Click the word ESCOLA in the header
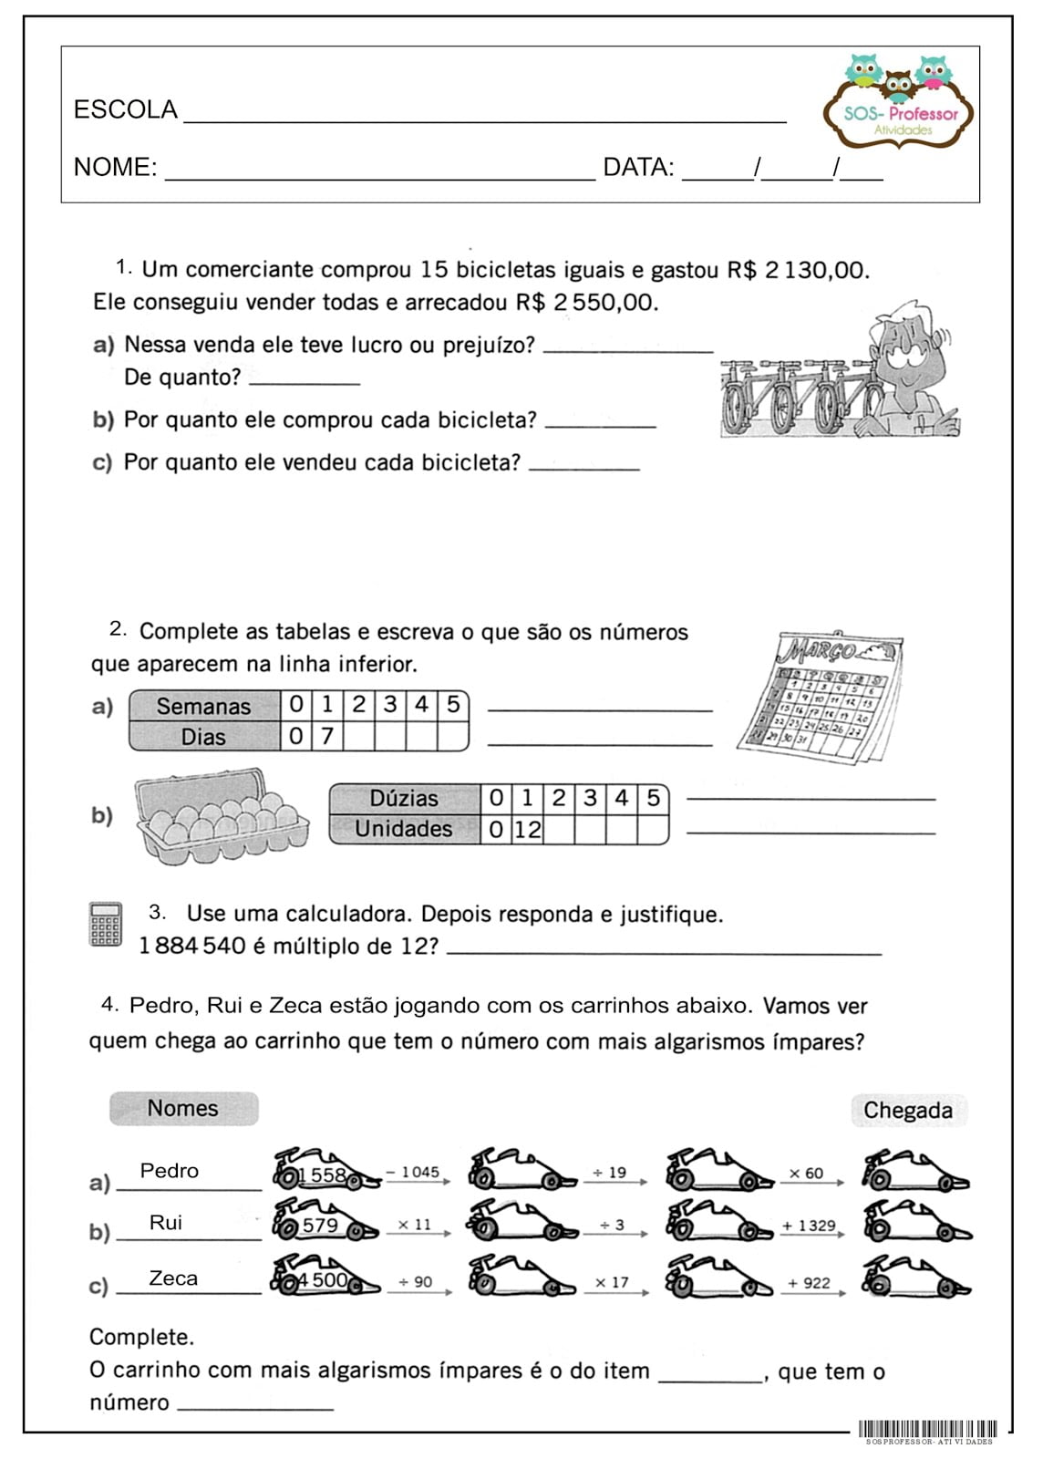click(x=125, y=110)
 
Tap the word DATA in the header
click(x=638, y=168)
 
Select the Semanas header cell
click(x=203, y=706)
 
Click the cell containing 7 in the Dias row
click(x=327, y=736)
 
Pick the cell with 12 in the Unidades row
click(x=527, y=829)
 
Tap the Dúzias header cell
click(x=404, y=798)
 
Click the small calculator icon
click(x=106, y=925)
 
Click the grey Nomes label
click(x=183, y=1109)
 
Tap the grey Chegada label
click(x=907, y=1111)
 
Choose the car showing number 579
click(x=325, y=1224)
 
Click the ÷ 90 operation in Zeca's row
click(x=416, y=1282)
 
